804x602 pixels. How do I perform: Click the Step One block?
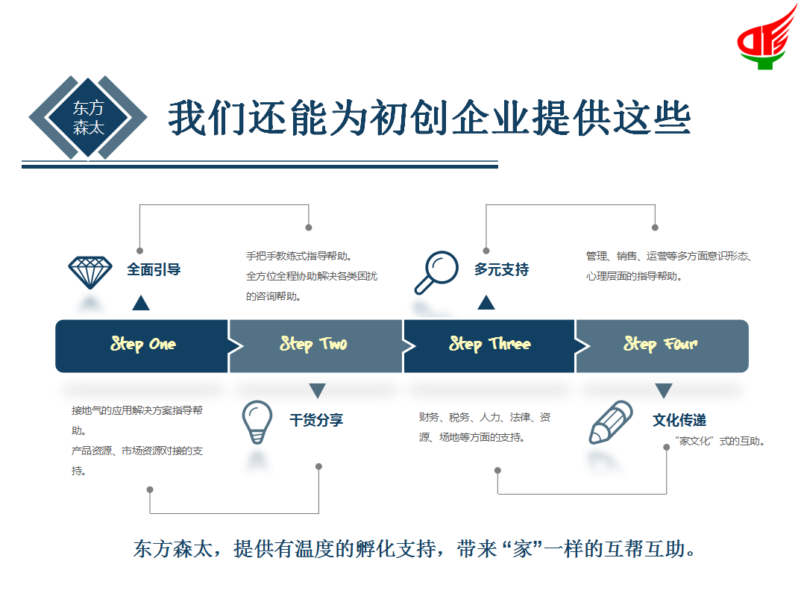pyautogui.click(x=142, y=345)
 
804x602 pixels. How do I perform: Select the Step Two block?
pyautogui.click(x=315, y=345)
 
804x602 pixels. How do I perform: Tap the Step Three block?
pyautogui.click(x=489, y=345)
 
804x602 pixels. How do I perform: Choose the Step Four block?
pyautogui.click(x=661, y=345)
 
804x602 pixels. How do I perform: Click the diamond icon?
pyautogui.click(x=90, y=272)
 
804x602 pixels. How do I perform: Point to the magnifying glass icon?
pyautogui.click(x=436, y=272)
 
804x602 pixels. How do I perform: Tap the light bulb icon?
pyautogui.click(x=257, y=421)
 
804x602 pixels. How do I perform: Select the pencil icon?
pyautogui.click(x=611, y=422)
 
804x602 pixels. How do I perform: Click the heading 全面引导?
pyautogui.click(x=154, y=269)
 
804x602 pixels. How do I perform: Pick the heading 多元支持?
pyautogui.click(x=501, y=269)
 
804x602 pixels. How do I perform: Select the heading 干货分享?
pyautogui.click(x=316, y=420)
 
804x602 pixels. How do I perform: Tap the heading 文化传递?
pyautogui.click(x=679, y=420)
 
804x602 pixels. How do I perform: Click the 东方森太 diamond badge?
pyautogui.click(x=88, y=118)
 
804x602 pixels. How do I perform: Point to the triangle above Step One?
pyautogui.click(x=140, y=302)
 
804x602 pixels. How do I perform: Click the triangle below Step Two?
pyautogui.click(x=317, y=390)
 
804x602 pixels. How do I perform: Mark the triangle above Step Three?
pyautogui.click(x=486, y=302)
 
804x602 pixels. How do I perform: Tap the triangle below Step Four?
pyautogui.click(x=664, y=390)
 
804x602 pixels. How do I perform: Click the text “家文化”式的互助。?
pyautogui.click(x=720, y=441)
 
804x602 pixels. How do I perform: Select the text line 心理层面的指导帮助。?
pyautogui.click(x=634, y=276)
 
